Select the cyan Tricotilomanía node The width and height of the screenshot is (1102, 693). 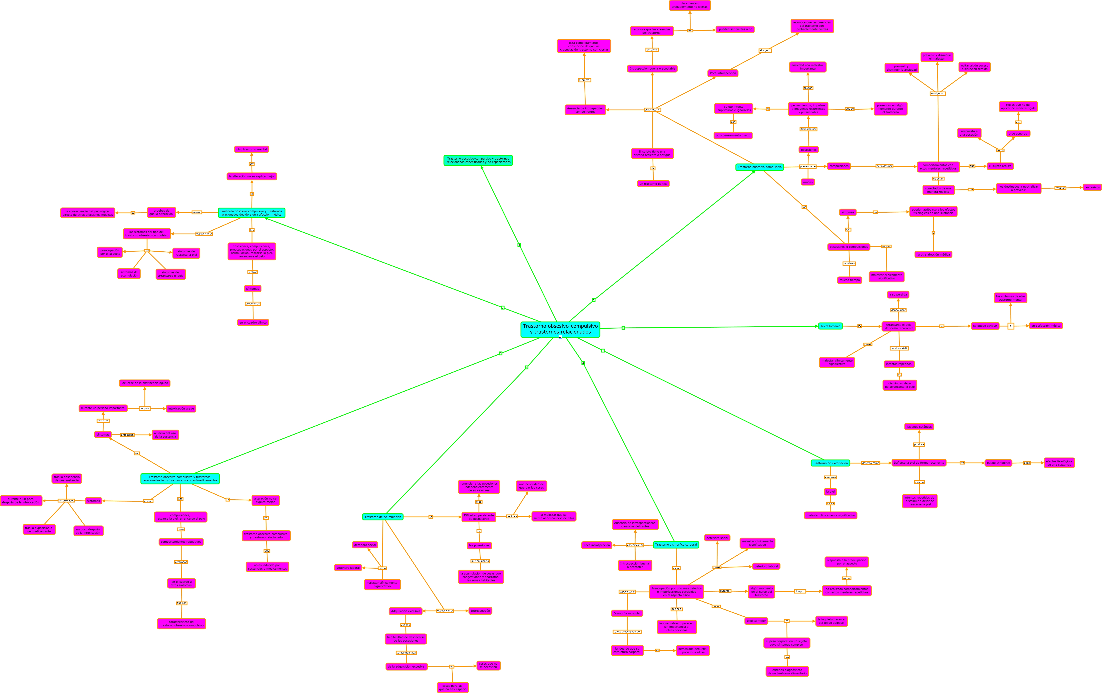coord(830,326)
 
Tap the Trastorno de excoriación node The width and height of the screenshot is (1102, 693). coord(830,463)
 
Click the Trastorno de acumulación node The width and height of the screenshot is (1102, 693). coord(383,517)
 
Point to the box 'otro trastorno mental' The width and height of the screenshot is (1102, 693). coord(252,149)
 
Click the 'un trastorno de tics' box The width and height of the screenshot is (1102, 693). coord(653,184)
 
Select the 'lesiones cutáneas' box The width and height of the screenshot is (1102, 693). coord(919,427)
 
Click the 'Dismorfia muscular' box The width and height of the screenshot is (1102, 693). coord(627,613)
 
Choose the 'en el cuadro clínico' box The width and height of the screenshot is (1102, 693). coord(253,322)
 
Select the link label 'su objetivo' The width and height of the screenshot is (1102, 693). coord(937,93)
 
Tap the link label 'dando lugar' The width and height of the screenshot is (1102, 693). coord(898,310)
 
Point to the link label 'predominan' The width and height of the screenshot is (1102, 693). coord(253,303)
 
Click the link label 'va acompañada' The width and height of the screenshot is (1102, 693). coord(406,652)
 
